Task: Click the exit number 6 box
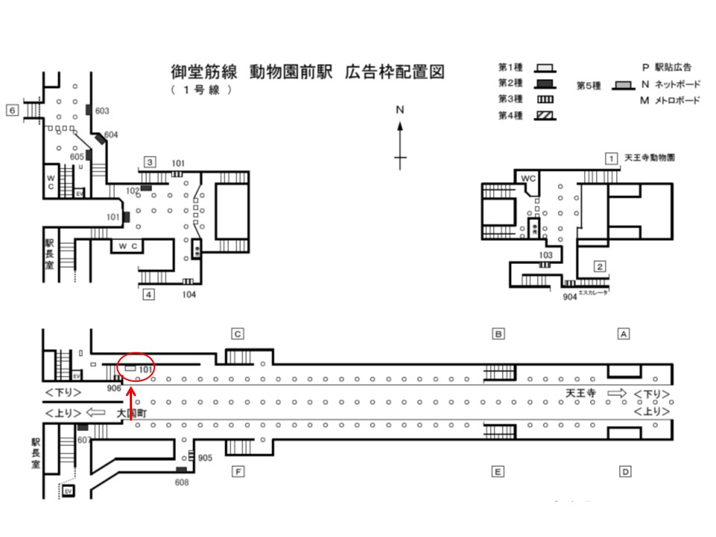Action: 11,110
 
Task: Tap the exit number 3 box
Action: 150,162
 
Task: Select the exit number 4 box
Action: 149,295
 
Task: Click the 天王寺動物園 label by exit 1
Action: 649,158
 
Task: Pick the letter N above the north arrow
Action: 400,110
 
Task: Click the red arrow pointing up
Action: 132,403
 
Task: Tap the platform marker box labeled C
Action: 237,334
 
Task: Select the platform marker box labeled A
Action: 624,334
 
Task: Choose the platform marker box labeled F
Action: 237,471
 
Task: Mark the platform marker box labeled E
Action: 497,471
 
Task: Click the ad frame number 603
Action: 102,111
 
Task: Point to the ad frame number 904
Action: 570,296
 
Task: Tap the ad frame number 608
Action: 181,482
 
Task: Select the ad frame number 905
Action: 206,457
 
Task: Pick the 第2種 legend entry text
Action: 509,82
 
